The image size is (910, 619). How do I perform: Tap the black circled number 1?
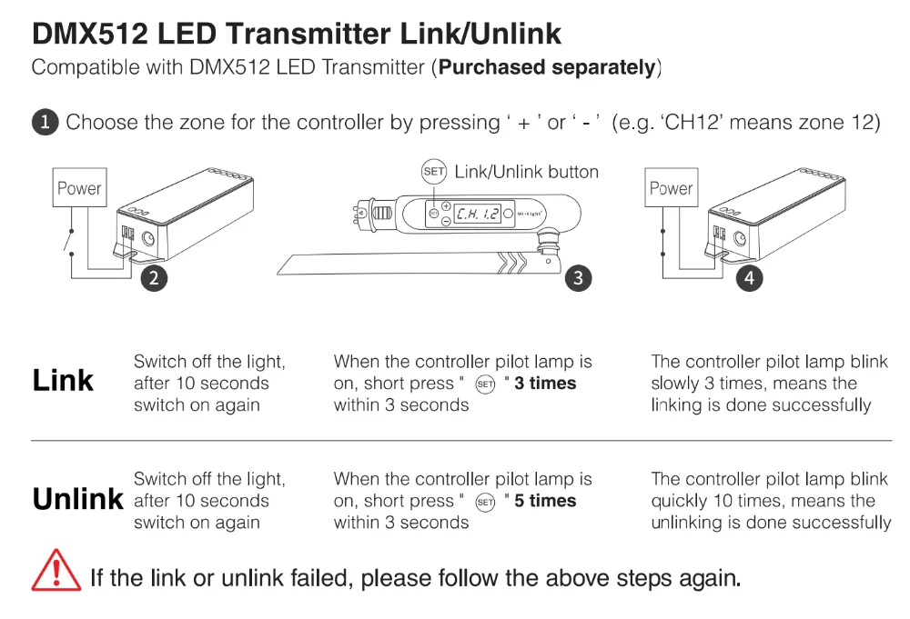point(45,122)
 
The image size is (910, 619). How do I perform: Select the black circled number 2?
point(154,277)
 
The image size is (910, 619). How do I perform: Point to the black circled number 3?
point(579,277)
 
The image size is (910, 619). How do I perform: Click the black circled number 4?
point(749,277)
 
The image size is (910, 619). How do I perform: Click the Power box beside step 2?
point(79,189)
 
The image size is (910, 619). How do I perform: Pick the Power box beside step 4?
point(671,189)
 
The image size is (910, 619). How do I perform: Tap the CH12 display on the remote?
point(478,214)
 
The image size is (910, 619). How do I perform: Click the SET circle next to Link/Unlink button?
point(434,172)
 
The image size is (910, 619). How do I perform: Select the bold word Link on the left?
point(63,381)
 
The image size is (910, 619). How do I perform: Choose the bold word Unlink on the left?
point(77,499)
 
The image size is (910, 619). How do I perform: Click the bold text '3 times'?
point(545,384)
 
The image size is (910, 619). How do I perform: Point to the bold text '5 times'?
point(545,501)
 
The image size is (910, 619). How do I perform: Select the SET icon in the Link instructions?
point(485,384)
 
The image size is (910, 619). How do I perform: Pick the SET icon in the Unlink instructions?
point(485,502)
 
